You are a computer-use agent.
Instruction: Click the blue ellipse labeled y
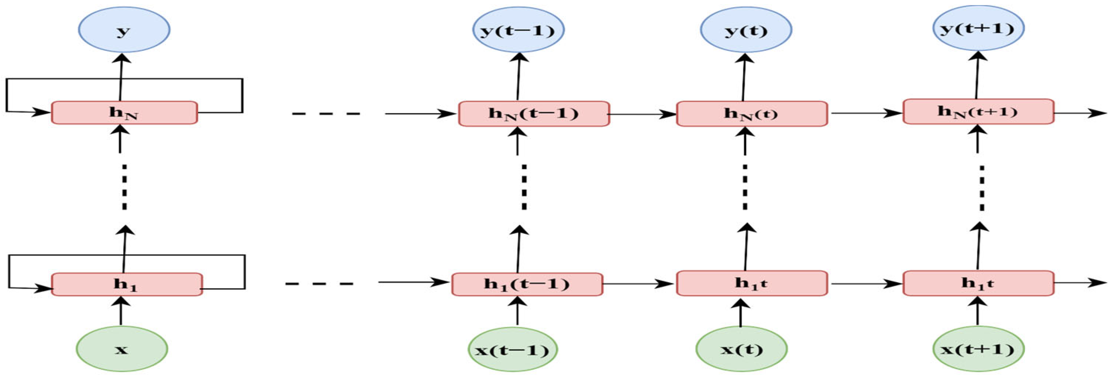pos(124,29)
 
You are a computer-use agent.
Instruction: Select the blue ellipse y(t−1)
pos(518,29)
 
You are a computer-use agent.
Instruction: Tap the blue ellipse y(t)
pos(746,29)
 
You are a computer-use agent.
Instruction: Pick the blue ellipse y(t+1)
pos(978,28)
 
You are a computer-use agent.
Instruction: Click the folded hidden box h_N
pos(124,112)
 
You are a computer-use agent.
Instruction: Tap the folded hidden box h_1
pos(127,284)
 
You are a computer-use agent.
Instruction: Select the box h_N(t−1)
pos(534,113)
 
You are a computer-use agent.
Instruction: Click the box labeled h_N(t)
pos(752,113)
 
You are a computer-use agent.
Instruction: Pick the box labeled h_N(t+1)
pos(978,111)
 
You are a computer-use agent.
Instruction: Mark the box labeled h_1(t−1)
pos(527,284)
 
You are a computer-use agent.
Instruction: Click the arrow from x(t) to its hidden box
pos(741,313)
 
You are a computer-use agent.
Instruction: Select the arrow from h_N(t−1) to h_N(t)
pos(642,114)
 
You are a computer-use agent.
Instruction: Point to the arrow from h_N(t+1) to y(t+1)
pos(977,75)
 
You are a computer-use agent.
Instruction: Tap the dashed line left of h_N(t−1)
pos(326,114)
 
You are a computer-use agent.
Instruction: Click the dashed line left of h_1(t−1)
pos(319,284)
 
